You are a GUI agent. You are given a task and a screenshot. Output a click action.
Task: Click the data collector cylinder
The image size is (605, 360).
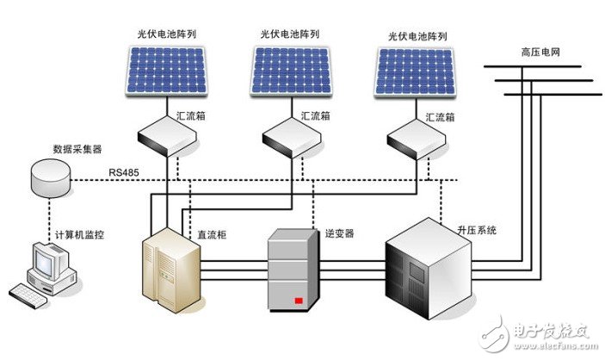[x=47, y=177]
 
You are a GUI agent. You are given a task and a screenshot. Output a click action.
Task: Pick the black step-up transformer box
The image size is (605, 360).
[x=428, y=263]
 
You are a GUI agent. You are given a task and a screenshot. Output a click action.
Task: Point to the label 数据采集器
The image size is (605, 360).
[x=77, y=148]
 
